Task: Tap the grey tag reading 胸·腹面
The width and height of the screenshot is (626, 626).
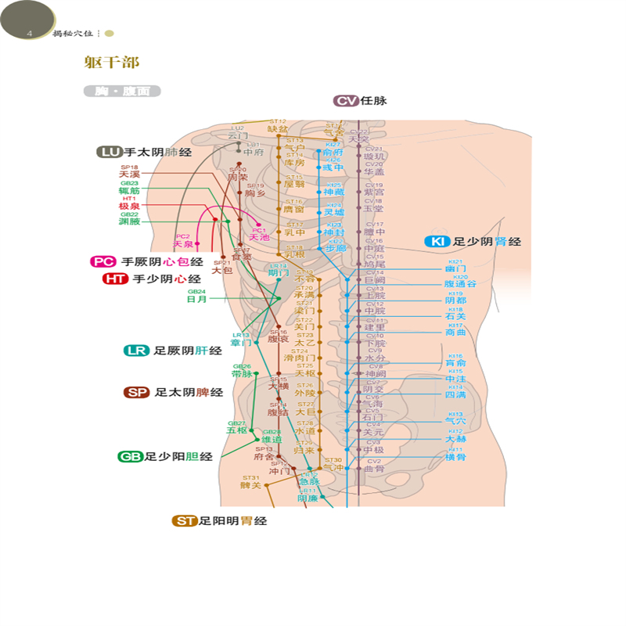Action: point(121,91)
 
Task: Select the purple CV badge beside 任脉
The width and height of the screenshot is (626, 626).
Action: point(345,100)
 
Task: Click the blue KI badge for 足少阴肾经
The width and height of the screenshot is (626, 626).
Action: point(436,242)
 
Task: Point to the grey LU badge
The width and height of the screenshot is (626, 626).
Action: point(109,152)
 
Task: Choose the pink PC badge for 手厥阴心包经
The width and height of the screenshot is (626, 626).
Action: point(103,262)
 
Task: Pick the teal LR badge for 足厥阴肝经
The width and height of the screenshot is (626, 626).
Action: point(136,351)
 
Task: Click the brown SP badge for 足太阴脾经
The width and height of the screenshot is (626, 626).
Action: point(137,392)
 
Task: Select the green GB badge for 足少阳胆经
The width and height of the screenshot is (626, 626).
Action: point(130,456)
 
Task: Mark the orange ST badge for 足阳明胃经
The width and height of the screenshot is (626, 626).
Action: point(185,520)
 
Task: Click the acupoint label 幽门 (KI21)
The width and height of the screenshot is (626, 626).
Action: point(455,268)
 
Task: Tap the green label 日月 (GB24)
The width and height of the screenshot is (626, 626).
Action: point(196,298)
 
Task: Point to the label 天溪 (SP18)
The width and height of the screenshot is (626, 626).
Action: point(129,174)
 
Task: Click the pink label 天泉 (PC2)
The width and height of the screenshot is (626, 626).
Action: point(183,244)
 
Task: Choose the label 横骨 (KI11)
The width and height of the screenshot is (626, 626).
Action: point(455,457)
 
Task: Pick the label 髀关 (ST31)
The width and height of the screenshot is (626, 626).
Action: point(250,485)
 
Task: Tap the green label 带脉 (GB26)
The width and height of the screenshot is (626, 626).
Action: point(242,373)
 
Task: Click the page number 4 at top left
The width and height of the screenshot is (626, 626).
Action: point(29,34)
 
